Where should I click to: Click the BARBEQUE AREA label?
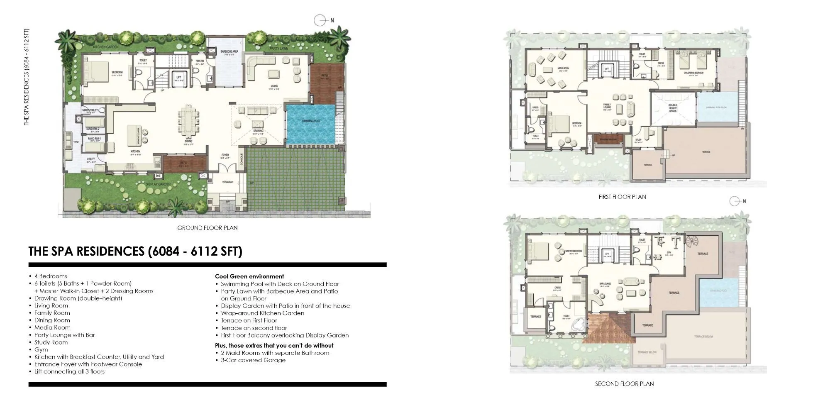[229, 52]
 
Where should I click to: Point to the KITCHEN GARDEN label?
[106, 47]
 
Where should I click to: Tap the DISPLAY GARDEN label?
[158, 184]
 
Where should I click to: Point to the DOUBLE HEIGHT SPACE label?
[673, 108]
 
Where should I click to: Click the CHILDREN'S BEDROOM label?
[693, 73]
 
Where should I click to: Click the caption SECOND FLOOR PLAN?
[624, 384]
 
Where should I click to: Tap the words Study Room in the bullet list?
[51, 342]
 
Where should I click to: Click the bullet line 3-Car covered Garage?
[253, 360]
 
